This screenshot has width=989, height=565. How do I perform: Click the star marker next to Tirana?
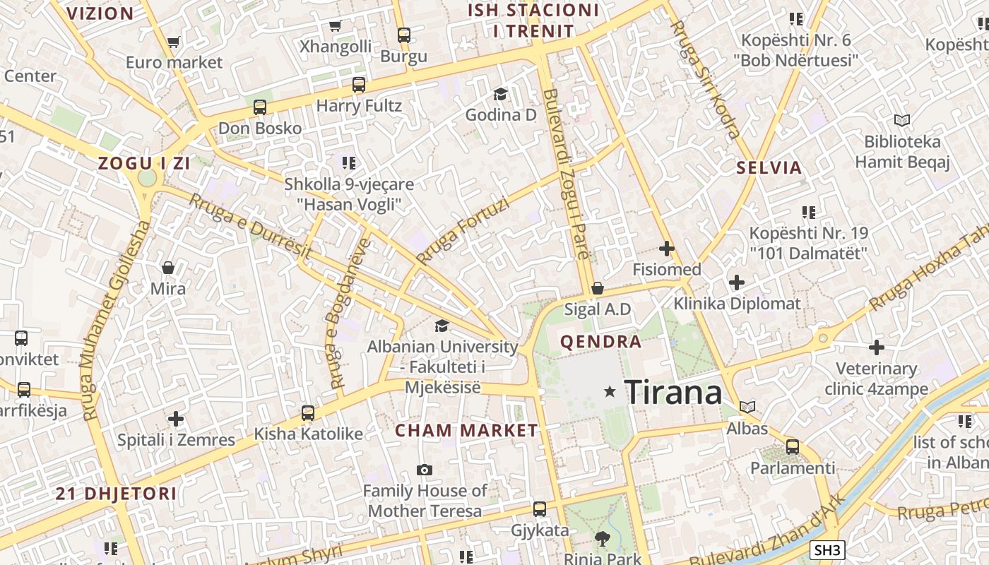pyautogui.click(x=610, y=391)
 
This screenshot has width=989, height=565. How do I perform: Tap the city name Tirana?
pyautogui.click(x=673, y=392)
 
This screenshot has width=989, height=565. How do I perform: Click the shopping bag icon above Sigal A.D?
pyautogui.click(x=598, y=288)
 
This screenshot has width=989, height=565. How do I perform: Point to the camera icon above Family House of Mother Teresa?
pyautogui.click(x=425, y=470)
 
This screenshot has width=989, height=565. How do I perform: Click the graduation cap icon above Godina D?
pyautogui.click(x=500, y=94)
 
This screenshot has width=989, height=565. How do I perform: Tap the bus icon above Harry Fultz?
pyautogui.click(x=359, y=85)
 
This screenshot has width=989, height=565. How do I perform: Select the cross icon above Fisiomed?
pyautogui.click(x=666, y=249)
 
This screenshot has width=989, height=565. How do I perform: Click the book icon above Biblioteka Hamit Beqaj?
pyautogui.click(x=902, y=120)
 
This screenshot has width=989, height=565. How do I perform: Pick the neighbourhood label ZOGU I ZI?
pyautogui.click(x=144, y=164)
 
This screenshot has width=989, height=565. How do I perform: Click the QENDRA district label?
pyautogui.click(x=601, y=343)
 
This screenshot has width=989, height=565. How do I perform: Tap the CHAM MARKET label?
pyautogui.click(x=466, y=430)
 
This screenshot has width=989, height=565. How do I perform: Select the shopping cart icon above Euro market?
pyautogui.click(x=173, y=42)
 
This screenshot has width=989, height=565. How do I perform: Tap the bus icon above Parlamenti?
pyautogui.click(x=793, y=447)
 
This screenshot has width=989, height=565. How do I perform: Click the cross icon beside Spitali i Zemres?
pyautogui.click(x=176, y=419)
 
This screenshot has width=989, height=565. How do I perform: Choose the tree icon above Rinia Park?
pyautogui.click(x=603, y=540)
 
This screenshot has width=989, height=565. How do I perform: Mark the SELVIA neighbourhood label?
pyautogui.click(x=769, y=168)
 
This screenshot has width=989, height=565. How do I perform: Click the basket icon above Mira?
pyautogui.click(x=168, y=268)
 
